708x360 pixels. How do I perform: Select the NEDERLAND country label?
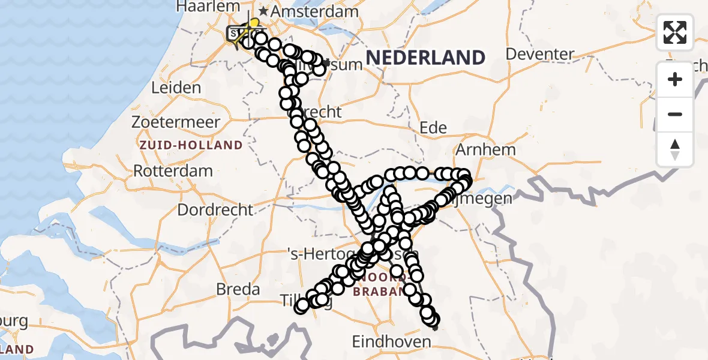click(425, 58)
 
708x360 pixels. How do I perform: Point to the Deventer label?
click(540, 54)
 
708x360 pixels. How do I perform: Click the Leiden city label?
click(176, 88)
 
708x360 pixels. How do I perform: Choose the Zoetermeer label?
click(176, 122)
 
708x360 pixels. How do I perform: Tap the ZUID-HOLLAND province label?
click(191, 145)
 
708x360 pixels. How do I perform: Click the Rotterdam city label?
click(173, 170)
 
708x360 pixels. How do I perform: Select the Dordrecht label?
click(215, 210)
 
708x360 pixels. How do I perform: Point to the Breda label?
click(239, 290)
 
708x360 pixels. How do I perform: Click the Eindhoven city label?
click(391, 342)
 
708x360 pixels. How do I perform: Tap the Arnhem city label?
click(486, 149)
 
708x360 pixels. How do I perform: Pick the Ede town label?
click(433, 127)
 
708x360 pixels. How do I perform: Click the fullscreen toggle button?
click(675, 32)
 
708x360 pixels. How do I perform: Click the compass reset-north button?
click(675, 149)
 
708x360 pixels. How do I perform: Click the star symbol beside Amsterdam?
click(263, 11)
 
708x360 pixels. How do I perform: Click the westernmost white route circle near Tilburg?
click(302, 307)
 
